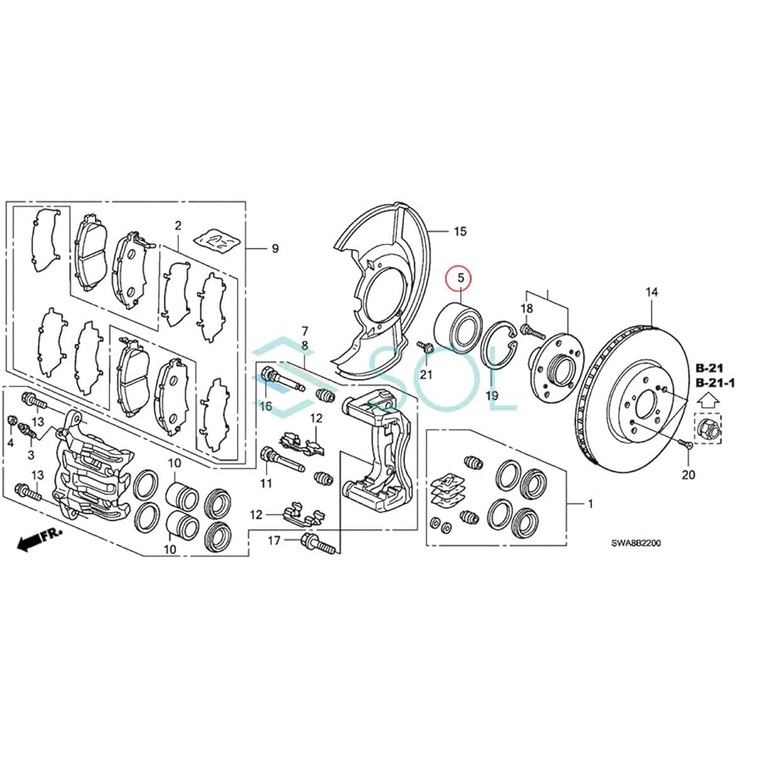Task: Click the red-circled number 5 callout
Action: click(x=461, y=277)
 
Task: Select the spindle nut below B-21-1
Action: click(x=707, y=428)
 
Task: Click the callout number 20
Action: click(x=688, y=475)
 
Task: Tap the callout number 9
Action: click(x=274, y=248)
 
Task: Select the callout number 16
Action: click(x=266, y=406)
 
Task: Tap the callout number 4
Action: click(x=11, y=443)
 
